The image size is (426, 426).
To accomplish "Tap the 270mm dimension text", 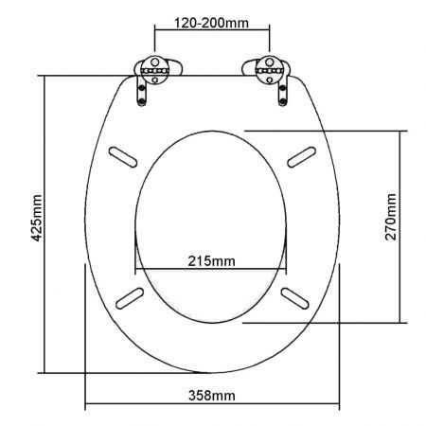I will pos(391,217).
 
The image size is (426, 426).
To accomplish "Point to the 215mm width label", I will pos(212,260).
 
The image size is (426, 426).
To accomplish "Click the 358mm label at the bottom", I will pos(212,394).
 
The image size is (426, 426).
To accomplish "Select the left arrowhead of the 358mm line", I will pos(88,408).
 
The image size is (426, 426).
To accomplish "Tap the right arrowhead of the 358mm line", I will pos(338,408).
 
